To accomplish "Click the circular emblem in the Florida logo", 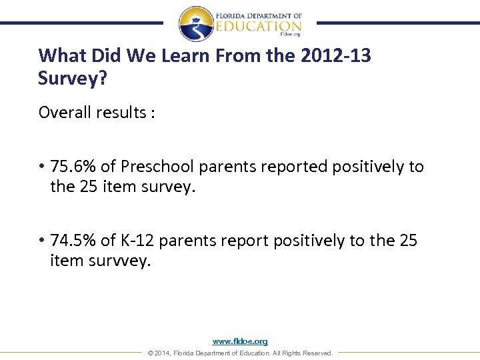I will coord(196,24).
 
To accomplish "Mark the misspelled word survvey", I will coord(118,261).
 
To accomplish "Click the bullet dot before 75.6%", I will coord(41,167).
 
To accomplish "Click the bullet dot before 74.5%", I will coord(41,241).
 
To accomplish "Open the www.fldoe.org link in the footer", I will coord(240,341).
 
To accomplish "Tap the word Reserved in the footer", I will coord(317,353).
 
